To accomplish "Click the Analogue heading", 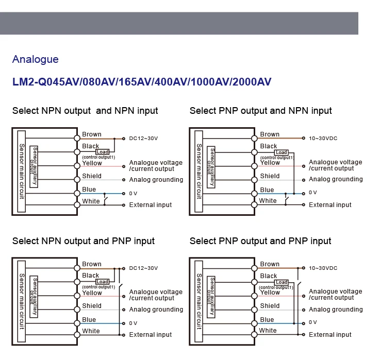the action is (x=36, y=59).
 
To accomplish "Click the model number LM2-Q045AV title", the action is (x=142, y=82).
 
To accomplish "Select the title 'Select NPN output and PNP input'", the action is (x=84, y=241).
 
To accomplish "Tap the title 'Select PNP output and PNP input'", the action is (x=260, y=241).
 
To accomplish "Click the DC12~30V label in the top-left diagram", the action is (x=143, y=139).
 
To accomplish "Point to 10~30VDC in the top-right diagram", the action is (x=323, y=139).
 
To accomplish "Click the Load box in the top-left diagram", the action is (x=103, y=152).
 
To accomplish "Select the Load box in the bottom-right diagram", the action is (x=282, y=282).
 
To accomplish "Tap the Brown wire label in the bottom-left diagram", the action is (x=92, y=264).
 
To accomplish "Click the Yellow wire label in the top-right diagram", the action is (x=270, y=163).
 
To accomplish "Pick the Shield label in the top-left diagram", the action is (x=92, y=176).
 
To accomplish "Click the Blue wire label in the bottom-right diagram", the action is (x=267, y=320).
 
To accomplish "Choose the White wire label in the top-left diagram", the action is (x=91, y=201).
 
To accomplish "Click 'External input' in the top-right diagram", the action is (x=330, y=205).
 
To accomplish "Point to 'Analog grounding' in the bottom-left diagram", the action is (x=156, y=310).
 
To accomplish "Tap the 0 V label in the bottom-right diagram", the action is (x=313, y=322).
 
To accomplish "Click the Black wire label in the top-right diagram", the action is (x=269, y=146).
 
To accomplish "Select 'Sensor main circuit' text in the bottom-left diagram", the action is (x=21, y=302).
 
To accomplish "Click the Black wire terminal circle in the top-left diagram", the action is (x=77, y=151).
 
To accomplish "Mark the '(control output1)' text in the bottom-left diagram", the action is (x=98, y=287).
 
